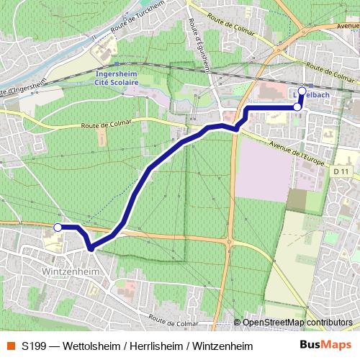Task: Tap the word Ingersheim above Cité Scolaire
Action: [122, 74]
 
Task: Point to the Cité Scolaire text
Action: [122, 83]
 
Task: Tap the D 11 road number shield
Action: [341, 171]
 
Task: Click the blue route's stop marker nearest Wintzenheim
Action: [58, 227]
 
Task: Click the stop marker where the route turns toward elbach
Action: [297, 107]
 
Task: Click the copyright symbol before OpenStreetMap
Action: [238, 323]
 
